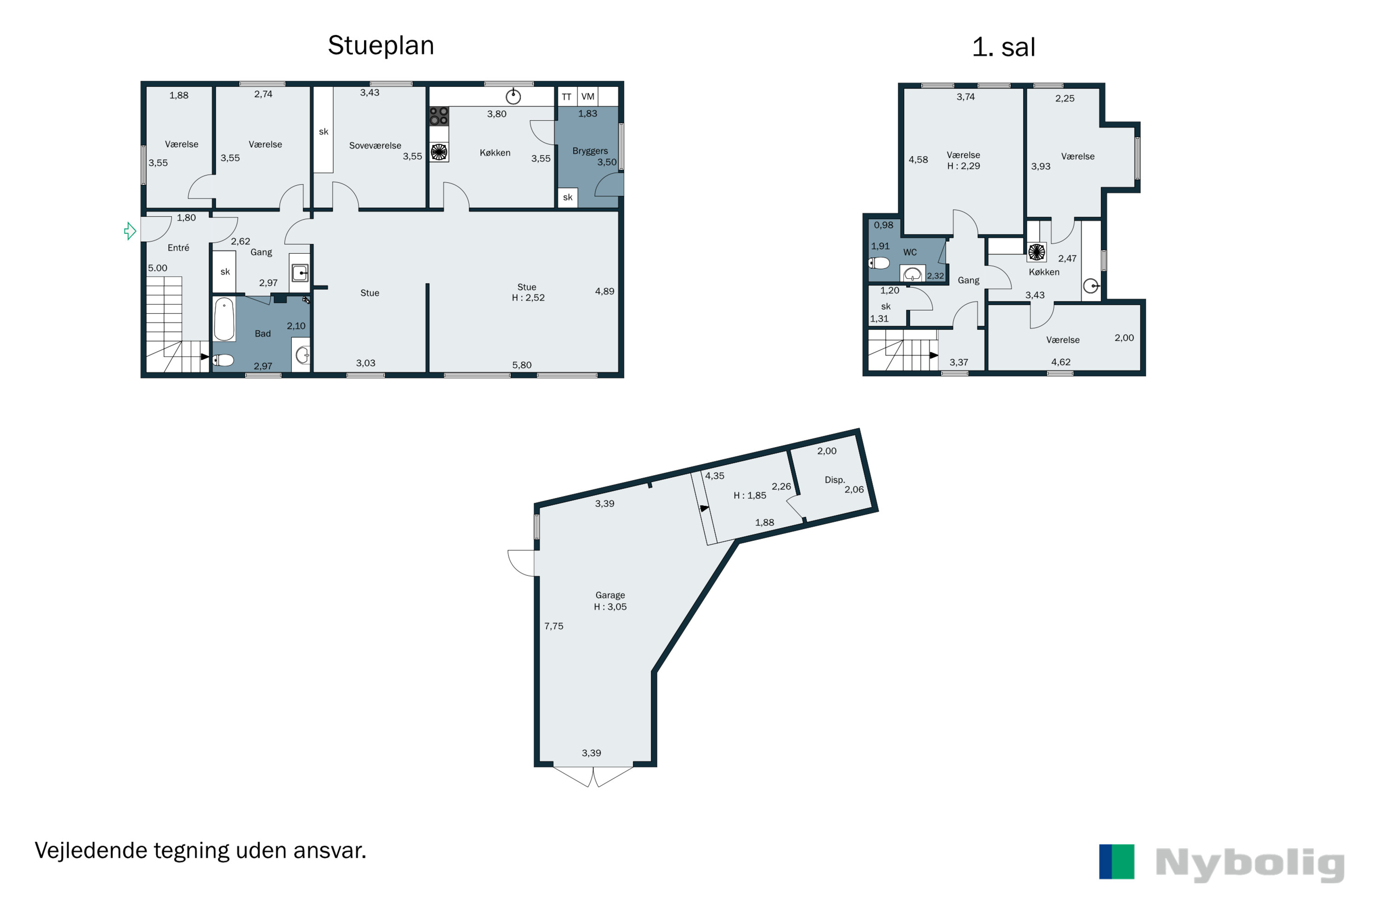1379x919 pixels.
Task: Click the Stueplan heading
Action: (381, 45)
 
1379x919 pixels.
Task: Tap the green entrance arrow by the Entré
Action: (130, 231)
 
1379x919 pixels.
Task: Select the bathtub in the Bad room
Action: (224, 319)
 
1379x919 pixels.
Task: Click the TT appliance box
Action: (566, 96)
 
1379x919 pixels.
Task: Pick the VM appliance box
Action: (587, 96)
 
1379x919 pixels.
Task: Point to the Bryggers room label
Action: (590, 151)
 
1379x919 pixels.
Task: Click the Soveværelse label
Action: (375, 145)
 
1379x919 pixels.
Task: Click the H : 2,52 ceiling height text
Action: (528, 298)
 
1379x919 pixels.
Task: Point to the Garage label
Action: (610, 596)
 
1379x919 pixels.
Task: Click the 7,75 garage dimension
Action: (553, 626)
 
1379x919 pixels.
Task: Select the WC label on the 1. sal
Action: (910, 252)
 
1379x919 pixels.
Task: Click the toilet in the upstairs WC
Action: (879, 263)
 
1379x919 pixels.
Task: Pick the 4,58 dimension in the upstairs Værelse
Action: (918, 159)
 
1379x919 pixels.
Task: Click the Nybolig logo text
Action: (1249, 864)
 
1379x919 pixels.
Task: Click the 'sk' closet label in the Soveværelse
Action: (324, 132)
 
